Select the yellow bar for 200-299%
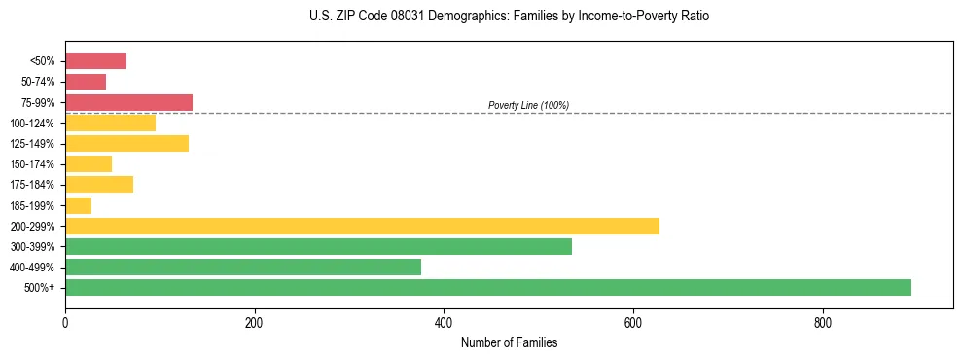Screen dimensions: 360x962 coord(362,226)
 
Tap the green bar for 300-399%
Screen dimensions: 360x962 coord(318,246)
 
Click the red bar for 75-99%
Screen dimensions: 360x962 coord(128,102)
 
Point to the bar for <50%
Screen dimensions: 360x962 coord(95,61)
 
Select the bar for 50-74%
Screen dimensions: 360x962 coord(86,82)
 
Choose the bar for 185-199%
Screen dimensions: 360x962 coord(78,205)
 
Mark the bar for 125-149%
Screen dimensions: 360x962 coord(126,143)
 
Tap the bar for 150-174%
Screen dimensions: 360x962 coord(89,163)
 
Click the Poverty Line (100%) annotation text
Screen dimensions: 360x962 coord(528,105)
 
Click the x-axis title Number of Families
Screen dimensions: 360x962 coord(509,342)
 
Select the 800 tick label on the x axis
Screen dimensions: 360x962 coord(823,322)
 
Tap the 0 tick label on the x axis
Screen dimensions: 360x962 coord(65,322)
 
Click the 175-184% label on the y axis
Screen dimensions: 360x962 coord(32,185)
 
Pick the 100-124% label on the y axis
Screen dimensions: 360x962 coord(32,124)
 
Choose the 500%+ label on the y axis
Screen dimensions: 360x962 coord(40,288)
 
